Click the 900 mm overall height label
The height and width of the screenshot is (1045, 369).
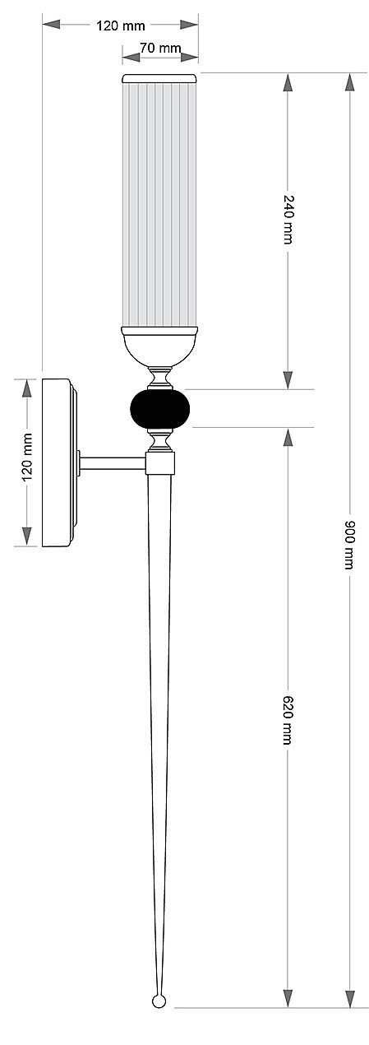[349, 544]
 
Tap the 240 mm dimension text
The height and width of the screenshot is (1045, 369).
[288, 218]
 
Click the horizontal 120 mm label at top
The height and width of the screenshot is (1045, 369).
[121, 26]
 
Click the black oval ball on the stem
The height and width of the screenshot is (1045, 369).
[159, 409]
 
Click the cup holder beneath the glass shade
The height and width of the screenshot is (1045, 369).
[159, 346]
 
